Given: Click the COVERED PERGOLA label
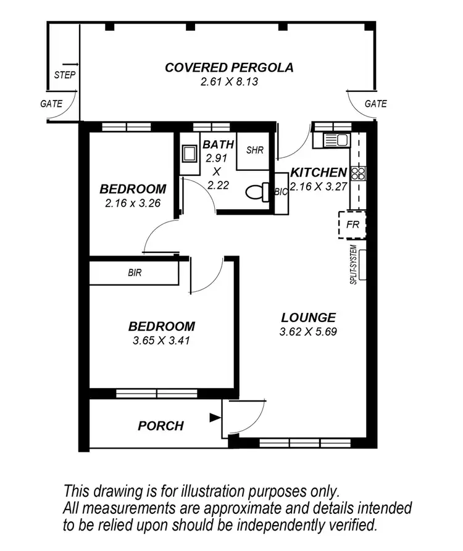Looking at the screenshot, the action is point(229,67).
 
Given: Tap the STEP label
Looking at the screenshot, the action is point(65,75).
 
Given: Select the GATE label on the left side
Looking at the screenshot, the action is point(51,104).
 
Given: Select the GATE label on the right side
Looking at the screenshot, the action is point(376,104).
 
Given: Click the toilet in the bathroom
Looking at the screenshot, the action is point(257,193).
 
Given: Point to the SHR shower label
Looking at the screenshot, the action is point(255,150).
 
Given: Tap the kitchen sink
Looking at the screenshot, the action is point(336,140).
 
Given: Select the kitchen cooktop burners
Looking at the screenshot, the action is point(359,173).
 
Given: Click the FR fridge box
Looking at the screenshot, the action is point(352,225).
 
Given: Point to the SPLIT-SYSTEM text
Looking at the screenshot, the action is point(354,265).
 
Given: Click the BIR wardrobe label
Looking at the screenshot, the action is point(135,273).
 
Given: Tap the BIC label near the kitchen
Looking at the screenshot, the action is point(281,192).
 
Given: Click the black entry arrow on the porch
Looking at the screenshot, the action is point(215,418).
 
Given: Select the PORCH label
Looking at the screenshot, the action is point(161,426).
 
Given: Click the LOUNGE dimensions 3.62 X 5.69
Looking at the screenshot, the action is point(308,332).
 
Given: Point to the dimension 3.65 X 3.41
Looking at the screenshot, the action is point(161,341).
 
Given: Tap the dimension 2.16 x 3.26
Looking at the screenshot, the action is point(133,203).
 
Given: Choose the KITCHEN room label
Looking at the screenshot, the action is point(319,173).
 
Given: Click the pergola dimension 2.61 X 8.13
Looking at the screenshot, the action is point(229,81).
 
